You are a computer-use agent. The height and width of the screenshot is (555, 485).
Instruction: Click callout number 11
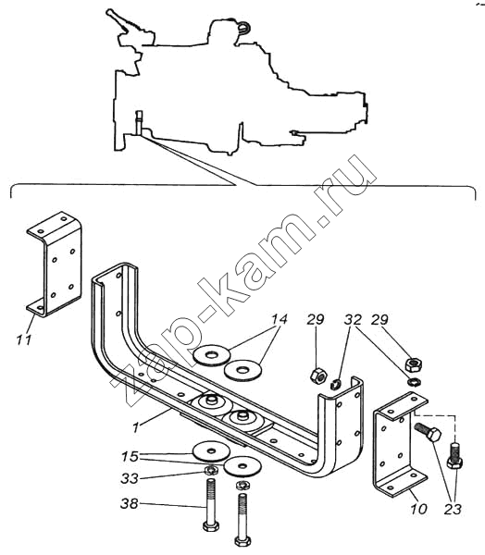point(24,339)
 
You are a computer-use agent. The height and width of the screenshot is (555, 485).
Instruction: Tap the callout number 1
point(136,427)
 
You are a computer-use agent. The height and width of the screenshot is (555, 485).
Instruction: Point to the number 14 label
point(280,319)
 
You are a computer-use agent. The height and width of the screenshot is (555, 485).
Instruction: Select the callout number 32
point(353,319)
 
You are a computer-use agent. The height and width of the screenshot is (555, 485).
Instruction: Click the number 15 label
point(130,456)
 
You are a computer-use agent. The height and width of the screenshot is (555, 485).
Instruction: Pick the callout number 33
point(130,479)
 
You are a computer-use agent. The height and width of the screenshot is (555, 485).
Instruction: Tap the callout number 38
point(130,503)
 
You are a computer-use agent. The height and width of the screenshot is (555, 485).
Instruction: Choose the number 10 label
point(418,509)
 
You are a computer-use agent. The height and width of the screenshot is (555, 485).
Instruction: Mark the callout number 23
point(453,509)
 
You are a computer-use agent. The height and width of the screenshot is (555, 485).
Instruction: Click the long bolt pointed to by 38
point(210,504)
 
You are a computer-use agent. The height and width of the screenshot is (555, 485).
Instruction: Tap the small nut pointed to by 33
point(212,470)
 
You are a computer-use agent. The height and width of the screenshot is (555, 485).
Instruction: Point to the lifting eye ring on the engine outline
point(244,28)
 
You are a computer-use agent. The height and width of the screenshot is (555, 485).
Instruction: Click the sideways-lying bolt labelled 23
point(428,432)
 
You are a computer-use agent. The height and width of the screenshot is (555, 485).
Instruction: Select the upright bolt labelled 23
point(454,456)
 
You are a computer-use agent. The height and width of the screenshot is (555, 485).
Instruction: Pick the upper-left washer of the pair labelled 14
point(212,354)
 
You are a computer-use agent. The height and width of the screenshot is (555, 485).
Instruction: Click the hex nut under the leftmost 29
point(318,376)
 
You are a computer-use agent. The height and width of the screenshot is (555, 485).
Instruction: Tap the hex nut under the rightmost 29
point(414,364)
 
